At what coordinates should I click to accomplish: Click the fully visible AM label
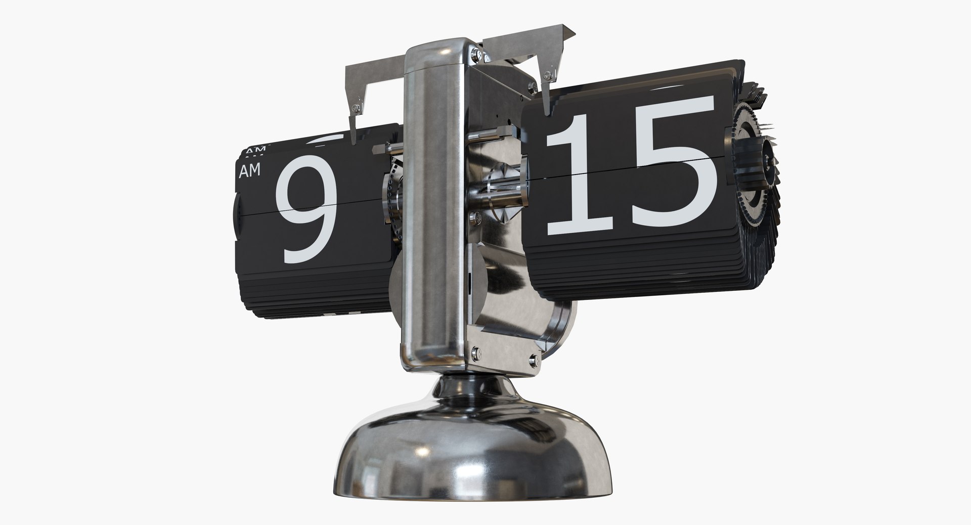click(250, 171)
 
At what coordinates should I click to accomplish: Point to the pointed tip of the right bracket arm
click(546, 109)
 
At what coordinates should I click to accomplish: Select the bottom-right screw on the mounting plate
click(536, 360)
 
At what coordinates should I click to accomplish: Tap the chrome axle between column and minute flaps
click(501, 187)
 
